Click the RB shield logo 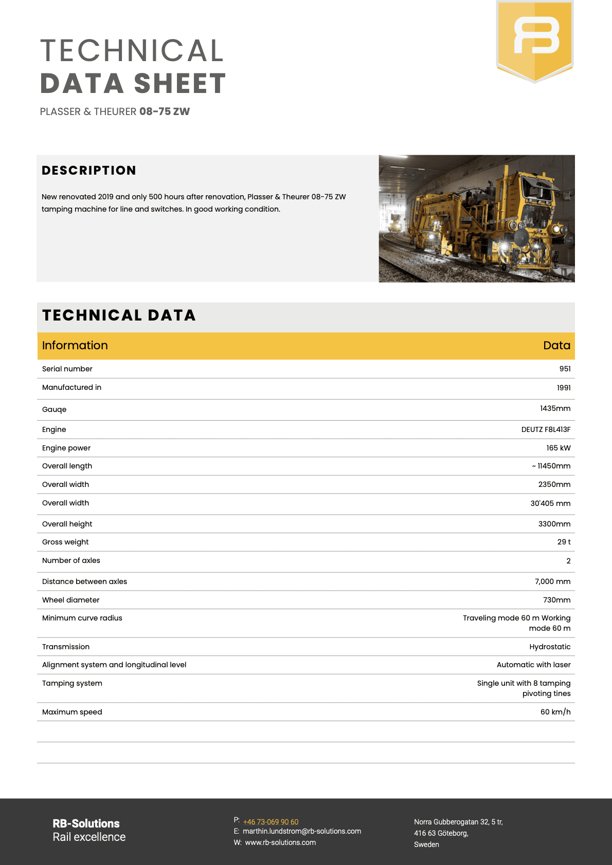(534, 40)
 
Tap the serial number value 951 (565, 369)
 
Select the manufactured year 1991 (564, 388)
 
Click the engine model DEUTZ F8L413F (546, 429)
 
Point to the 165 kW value (558, 448)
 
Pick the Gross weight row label (65, 542)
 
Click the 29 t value (564, 542)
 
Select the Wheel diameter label (71, 600)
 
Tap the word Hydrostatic (550, 647)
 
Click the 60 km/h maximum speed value (555, 712)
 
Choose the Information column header (75, 345)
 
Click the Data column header (556, 345)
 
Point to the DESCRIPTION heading (89, 171)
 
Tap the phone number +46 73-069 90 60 (271, 822)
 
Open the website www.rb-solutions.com (280, 842)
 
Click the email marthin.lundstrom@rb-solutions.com (302, 831)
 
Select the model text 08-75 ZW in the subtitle (165, 111)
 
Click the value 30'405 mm (550, 503)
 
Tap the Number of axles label (71, 560)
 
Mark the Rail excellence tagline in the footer (89, 837)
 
